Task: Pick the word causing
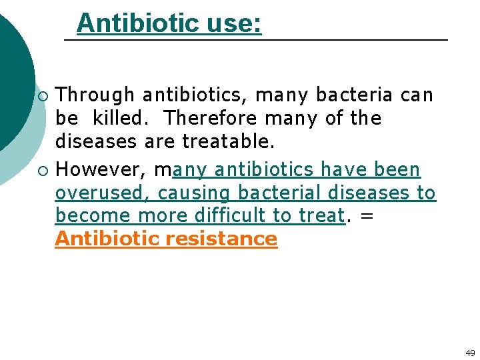195,194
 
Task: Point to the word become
93,216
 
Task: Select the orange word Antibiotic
108,239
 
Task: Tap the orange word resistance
222,239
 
